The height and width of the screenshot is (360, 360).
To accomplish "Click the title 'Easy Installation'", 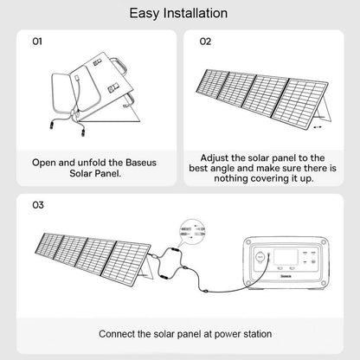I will (x=179, y=14).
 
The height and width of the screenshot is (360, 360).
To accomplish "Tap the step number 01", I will (x=36, y=41).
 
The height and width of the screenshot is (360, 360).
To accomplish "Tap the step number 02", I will (x=205, y=41).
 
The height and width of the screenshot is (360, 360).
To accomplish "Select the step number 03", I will (x=36, y=206).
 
